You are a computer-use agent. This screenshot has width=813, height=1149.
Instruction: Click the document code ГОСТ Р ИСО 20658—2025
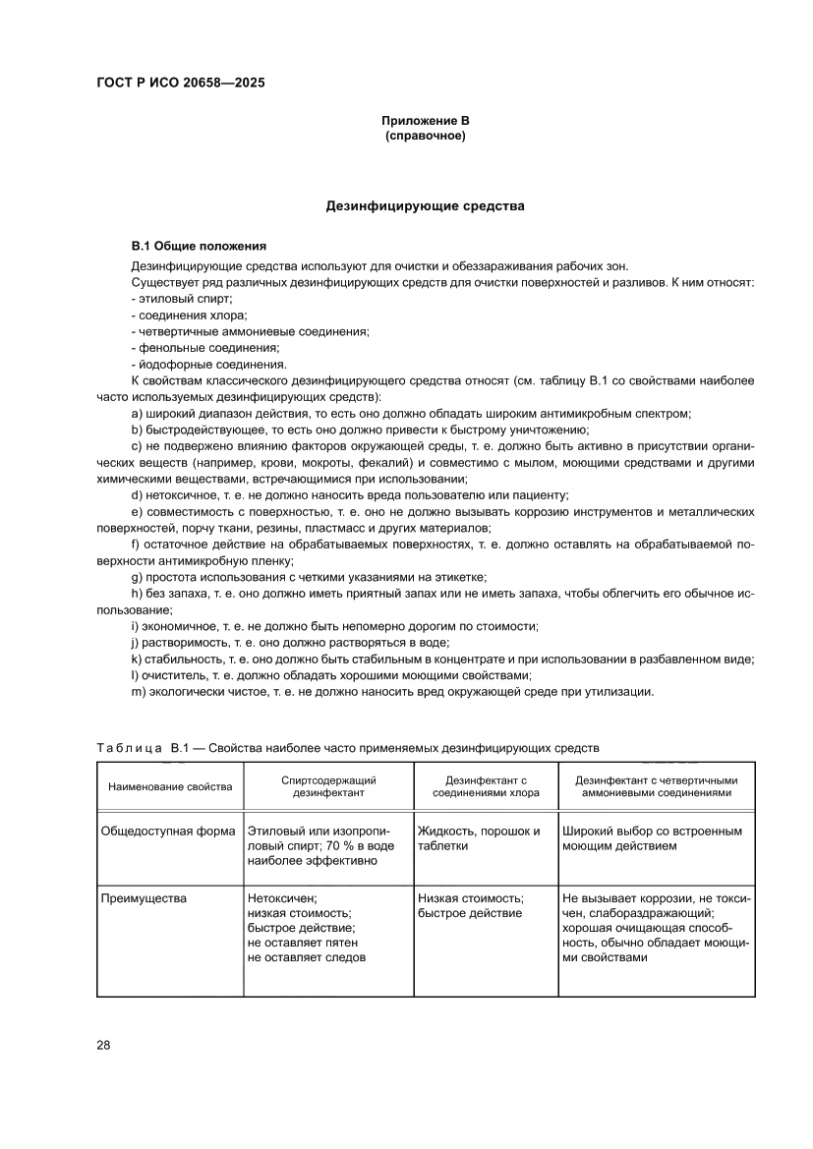pyautogui.click(x=180, y=84)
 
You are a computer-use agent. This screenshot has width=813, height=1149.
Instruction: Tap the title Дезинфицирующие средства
pyautogui.click(x=425, y=207)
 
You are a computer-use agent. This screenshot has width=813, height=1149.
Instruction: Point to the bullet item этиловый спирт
pyautogui.click(x=183, y=298)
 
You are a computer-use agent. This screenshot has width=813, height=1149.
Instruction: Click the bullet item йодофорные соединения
pyautogui.click(x=209, y=365)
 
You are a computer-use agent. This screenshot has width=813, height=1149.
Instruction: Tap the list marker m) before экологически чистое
pyautogui.click(x=139, y=692)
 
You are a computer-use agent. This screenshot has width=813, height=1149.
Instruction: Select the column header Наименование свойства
pyautogui.click(x=170, y=785)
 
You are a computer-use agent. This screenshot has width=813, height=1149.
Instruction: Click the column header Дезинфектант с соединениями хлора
pyautogui.click(x=482, y=785)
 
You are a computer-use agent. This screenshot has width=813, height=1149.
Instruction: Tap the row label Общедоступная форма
pyautogui.click(x=168, y=832)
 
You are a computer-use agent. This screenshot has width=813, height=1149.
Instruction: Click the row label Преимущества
pyautogui.click(x=144, y=898)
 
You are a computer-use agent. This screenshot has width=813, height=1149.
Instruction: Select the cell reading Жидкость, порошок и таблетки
pyautogui.click(x=479, y=838)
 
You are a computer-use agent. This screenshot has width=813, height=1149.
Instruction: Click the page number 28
pyautogui.click(x=103, y=1045)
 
